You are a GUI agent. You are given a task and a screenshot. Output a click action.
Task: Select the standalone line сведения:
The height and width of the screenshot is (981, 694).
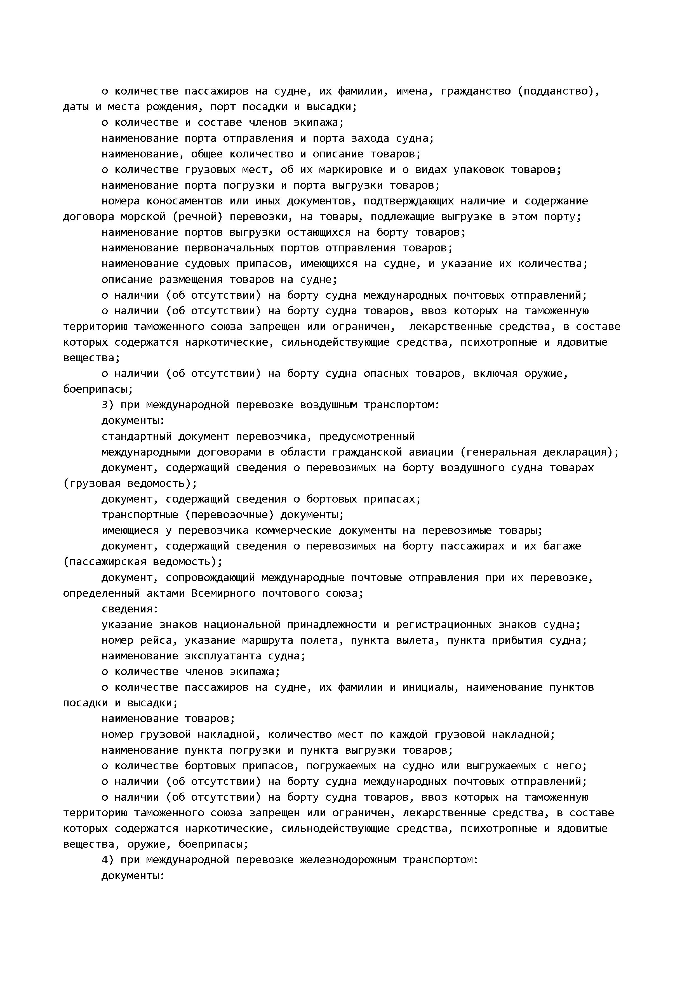click(130, 609)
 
